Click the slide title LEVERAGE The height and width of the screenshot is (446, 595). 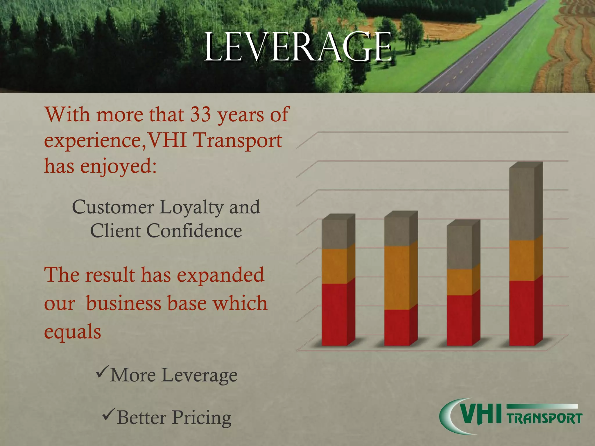pos(298,47)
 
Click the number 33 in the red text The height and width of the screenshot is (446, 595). pos(200,114)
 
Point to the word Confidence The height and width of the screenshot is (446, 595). pos(194,231)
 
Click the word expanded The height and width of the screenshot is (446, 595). pos(221,274)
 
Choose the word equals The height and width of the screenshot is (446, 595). pos(73,331)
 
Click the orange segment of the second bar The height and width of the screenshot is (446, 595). pos(397,278)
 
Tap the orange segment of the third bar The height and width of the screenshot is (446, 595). pos(459,282)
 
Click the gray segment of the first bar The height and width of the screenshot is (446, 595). pos(334,234)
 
